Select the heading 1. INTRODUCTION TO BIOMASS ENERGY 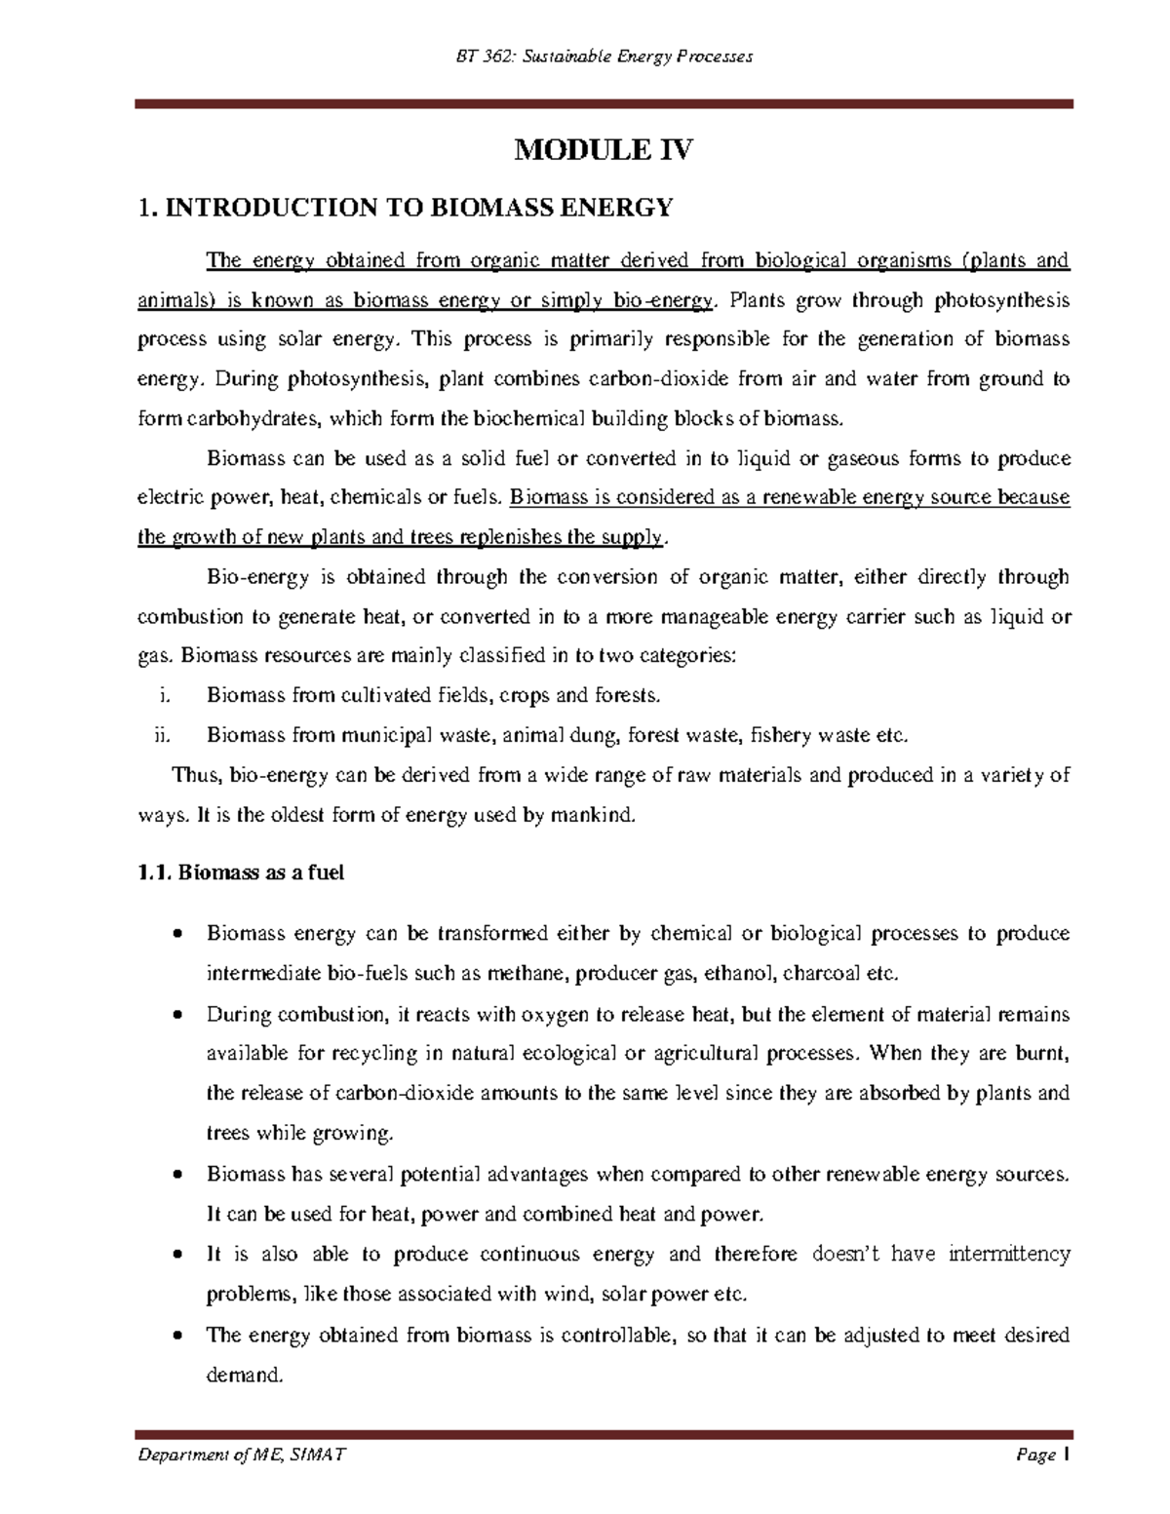(x=406, y=208)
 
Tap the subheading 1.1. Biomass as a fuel (x=241, y=873)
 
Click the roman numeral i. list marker (x=163, y=695)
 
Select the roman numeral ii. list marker (x=162, y=735)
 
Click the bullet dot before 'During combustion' (x=176, y=1015)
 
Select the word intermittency (x=1009, y=1254)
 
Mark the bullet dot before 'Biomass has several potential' (x=176, y=1175)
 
